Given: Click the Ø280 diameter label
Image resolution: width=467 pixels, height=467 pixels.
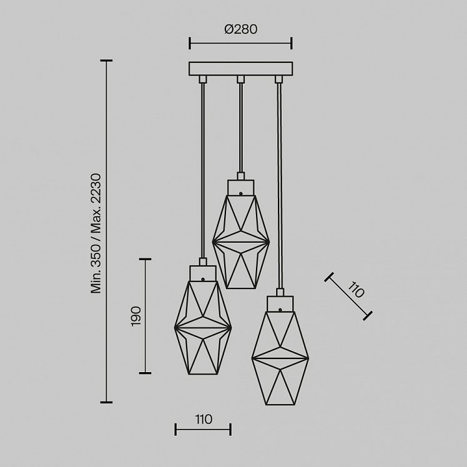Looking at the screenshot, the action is pos(240,29).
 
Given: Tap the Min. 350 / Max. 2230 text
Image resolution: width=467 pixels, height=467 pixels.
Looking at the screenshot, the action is pos(97,234).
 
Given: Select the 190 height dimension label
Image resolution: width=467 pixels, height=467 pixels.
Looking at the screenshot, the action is pos(136,316).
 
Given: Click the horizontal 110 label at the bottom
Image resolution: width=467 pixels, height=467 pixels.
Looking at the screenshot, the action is pos(204,420).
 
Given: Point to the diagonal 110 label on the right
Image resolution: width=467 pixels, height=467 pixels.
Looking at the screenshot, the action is pos(356,289).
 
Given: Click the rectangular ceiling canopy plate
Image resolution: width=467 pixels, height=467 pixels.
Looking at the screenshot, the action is pos(240,69).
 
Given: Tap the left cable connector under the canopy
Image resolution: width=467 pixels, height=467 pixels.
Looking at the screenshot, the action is pos(203,79).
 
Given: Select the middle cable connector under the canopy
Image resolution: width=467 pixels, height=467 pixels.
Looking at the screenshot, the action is pos(240,79).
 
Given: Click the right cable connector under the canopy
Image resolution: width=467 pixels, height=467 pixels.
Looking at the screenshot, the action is pos(278,79).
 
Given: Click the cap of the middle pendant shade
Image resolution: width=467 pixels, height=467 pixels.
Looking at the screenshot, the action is pos(240,187).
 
